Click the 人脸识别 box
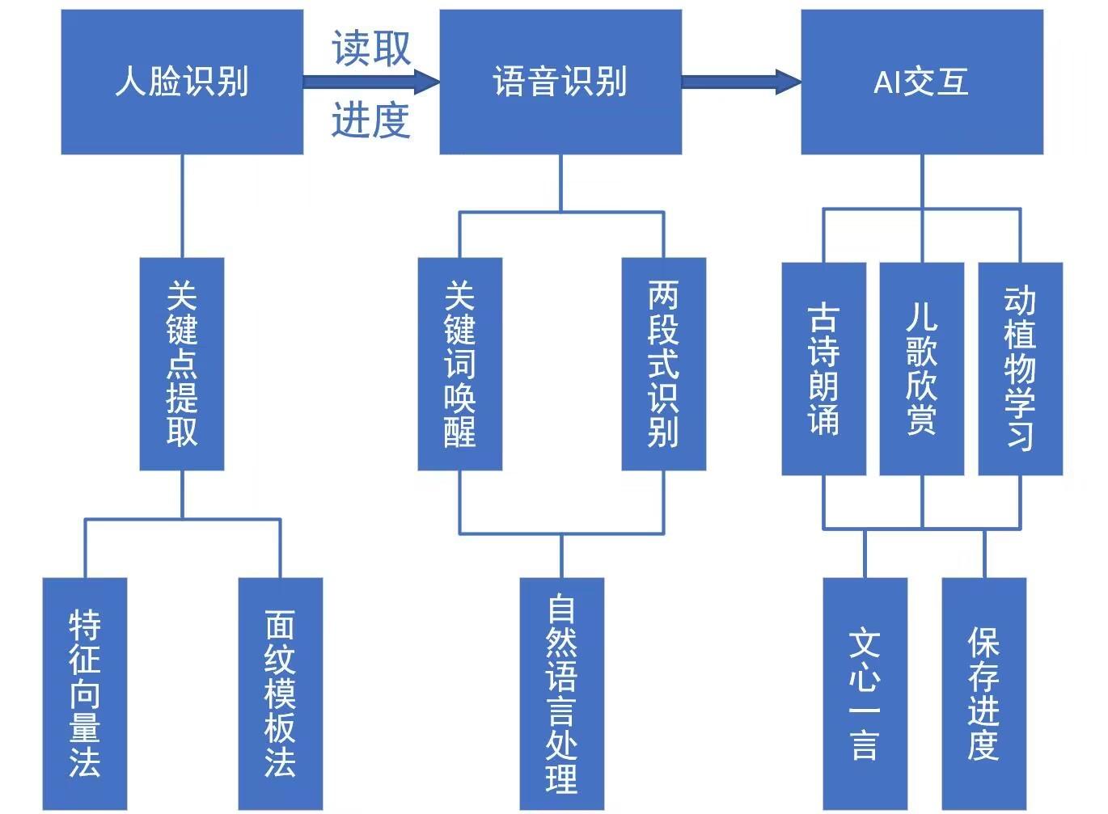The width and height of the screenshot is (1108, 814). coord(182,82)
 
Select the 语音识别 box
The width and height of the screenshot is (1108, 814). coord(560,82)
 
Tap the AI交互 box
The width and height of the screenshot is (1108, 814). coord(922,82)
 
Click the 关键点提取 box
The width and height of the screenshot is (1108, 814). coord(182,364)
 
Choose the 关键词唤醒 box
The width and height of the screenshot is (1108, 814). coord(460,364)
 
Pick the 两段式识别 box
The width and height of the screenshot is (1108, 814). coord(663,364)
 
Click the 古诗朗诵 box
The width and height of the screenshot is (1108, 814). coord(823,369)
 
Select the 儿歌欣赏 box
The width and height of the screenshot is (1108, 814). coord(921,369)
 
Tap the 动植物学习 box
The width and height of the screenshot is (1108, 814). coord(1020,369)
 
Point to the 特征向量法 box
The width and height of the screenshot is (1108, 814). coord(85,694)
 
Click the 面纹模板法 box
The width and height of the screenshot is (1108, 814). coord(281,694)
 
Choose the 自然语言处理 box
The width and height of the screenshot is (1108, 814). coord(561,694)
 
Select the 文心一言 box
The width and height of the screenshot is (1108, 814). coord(865,694)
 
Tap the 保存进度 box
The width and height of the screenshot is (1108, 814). coord(983,694)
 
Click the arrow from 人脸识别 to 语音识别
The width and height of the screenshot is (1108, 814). coord(371,82)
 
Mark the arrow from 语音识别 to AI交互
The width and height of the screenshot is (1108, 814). coord(741,82)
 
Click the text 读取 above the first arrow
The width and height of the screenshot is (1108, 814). coord(371,49)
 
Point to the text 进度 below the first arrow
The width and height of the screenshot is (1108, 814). coord(371,120)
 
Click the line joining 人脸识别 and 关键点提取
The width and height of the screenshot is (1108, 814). coord(182,206)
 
